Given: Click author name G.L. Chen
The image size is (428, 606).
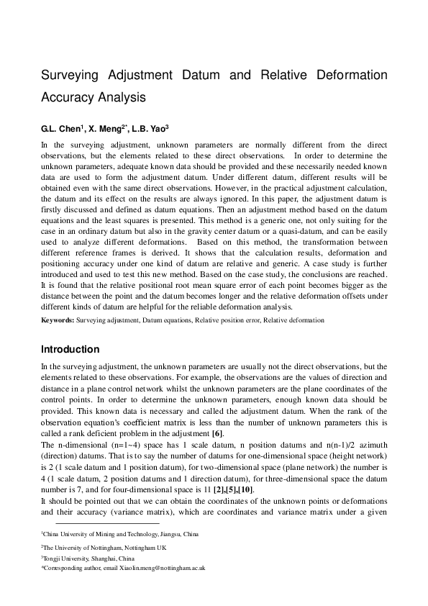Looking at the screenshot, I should click(x=62, y=129).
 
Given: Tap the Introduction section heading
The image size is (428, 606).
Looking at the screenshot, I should click(x=70, y=350).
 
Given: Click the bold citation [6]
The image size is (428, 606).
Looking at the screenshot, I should click(x=218, y=433).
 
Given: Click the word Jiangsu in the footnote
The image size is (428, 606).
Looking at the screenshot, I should click(x=164, y=535).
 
